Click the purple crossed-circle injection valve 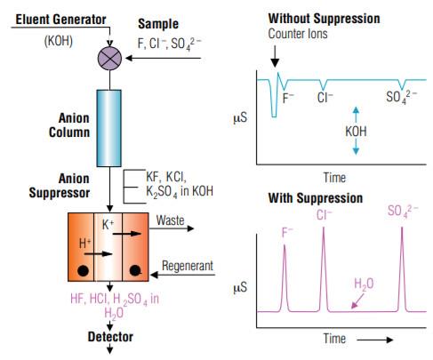tap(109, 58)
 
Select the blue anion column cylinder tap(109, 128)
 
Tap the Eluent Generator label tap(60, 20)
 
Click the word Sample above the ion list tap(158, 24)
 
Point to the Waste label tap(170, 220)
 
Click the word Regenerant tap(188, 266)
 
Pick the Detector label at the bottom tap(110, 337)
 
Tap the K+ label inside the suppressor tap(108, 225)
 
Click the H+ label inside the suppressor tap(85, 244)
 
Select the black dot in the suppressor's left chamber tap(83, 271)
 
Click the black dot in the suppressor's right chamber tap(135, 270)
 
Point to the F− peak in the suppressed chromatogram tap(285, 278)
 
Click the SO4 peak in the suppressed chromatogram tap(402, 269)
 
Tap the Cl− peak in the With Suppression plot tap(324, 269)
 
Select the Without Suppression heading tap(324, 19)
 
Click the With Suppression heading tap(316, 198)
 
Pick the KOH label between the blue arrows tap(356, 132)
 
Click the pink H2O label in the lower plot tap(364, 284)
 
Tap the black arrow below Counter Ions tap(275, 56)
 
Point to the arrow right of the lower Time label tap(375, 340)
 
